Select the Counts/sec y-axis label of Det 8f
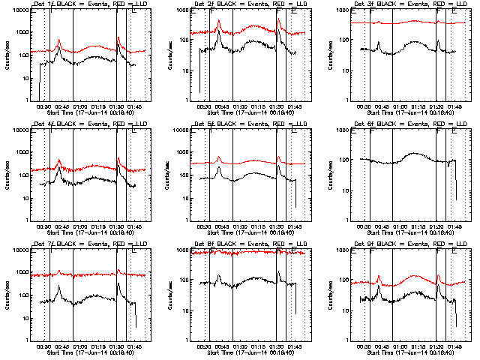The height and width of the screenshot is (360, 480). (168, 292)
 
